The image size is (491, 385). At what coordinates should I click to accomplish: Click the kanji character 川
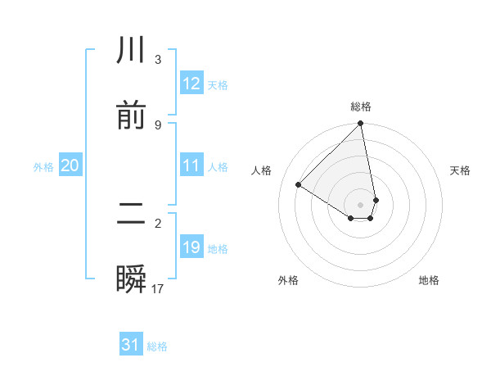tap(131, 51)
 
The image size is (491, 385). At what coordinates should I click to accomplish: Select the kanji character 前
tap(131, 117)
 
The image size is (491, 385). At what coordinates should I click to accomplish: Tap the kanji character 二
tap(131, 215)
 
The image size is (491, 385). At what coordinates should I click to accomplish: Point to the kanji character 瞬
tap(131, 281)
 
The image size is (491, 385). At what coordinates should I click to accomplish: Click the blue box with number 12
tap(191, 84)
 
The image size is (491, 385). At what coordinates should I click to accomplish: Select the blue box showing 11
tap(191, 166)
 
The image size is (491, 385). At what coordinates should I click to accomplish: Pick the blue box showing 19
tap(191, 248)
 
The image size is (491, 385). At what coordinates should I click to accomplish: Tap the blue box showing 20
tap(70, 166)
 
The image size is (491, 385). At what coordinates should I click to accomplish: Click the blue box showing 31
tap(131, 346)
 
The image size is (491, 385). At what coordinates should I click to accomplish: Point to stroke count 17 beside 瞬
tap(158, 289)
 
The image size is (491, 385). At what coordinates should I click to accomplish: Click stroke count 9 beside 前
tap(158, 125)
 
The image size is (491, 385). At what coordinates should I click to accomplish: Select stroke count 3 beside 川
tap(158, 60)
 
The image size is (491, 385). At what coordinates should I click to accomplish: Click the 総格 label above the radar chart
tap(361, 106)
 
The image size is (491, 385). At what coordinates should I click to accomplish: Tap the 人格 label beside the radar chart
tap(262, 170)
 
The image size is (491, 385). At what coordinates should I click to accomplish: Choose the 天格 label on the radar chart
tap(460, 170)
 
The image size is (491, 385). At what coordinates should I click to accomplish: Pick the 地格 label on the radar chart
tap(429, 280)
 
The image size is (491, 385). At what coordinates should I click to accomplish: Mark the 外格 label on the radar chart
tap(288, 280)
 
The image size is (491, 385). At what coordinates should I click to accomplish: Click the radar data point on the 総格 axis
tap(361, 125)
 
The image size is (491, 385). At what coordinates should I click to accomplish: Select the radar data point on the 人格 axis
tap(299, 184)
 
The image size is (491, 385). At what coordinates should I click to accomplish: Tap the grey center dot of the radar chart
tap(361, 204)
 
